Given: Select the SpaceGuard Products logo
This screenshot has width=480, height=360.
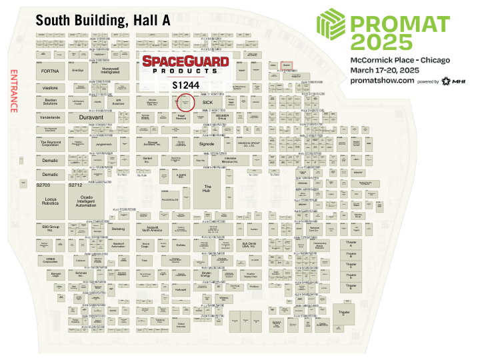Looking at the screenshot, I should pyautogui.click(x=186, y=65).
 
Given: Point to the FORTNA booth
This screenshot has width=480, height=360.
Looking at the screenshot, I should pyautogui.click(x=51, y=70).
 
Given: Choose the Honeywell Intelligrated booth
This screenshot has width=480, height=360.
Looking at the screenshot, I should pyautogui.click(x=111, y=70).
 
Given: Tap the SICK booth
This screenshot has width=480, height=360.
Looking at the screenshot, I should pyautogui.click(x=207, y=102).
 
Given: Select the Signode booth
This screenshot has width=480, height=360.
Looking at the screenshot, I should pyautogui.click(x=207, y=143).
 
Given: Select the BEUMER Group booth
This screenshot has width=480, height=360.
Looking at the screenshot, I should pyautogui.click(x=241, y=117).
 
